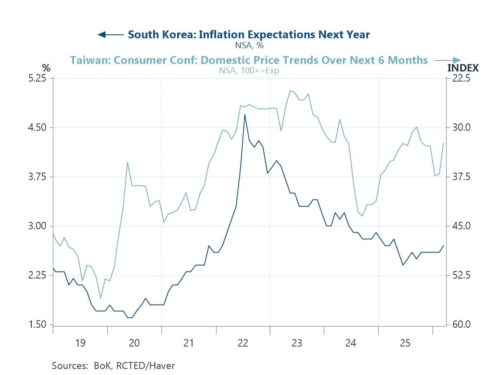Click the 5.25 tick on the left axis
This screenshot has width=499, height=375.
(38, 78)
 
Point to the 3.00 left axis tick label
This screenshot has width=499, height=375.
(38, 226)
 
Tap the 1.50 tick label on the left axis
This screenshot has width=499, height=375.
(38, 325)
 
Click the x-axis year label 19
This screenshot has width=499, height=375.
(80, 343)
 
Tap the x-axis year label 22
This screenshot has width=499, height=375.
(243, 343)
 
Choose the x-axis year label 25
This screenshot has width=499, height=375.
(405, 343)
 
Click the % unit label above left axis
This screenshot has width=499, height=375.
(46, 67)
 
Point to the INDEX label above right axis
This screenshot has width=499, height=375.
(463, 68)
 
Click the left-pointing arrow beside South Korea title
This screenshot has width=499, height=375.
(110, 35)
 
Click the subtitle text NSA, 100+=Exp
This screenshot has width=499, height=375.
(249, 70)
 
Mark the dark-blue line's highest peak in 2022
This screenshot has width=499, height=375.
(245, 115)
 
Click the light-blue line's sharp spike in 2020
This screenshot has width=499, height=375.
(128, 162)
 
